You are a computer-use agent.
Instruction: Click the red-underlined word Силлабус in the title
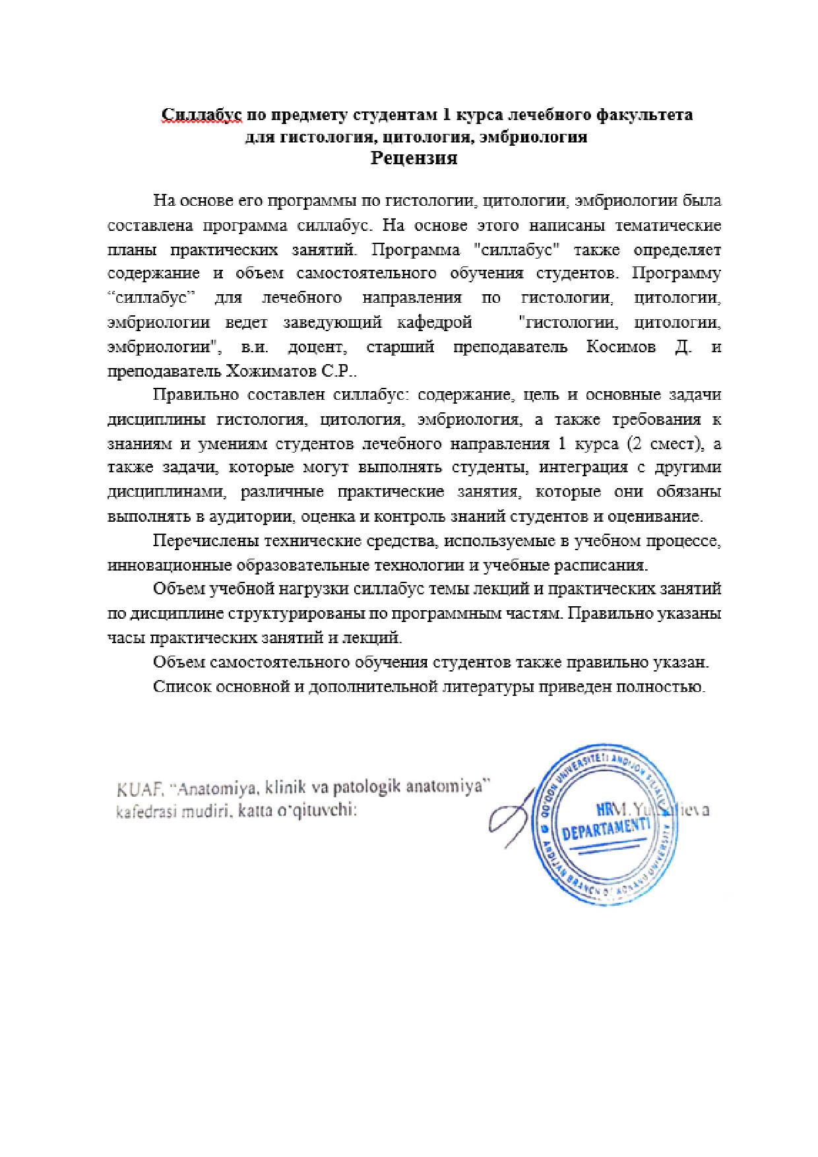202,115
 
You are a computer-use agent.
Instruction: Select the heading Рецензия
414,158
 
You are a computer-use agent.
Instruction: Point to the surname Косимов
621,347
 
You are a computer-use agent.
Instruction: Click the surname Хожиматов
270,371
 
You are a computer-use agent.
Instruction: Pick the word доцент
316,347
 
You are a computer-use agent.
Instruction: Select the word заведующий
332,323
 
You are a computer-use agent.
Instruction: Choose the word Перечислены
205,541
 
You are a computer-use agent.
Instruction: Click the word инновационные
170,565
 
